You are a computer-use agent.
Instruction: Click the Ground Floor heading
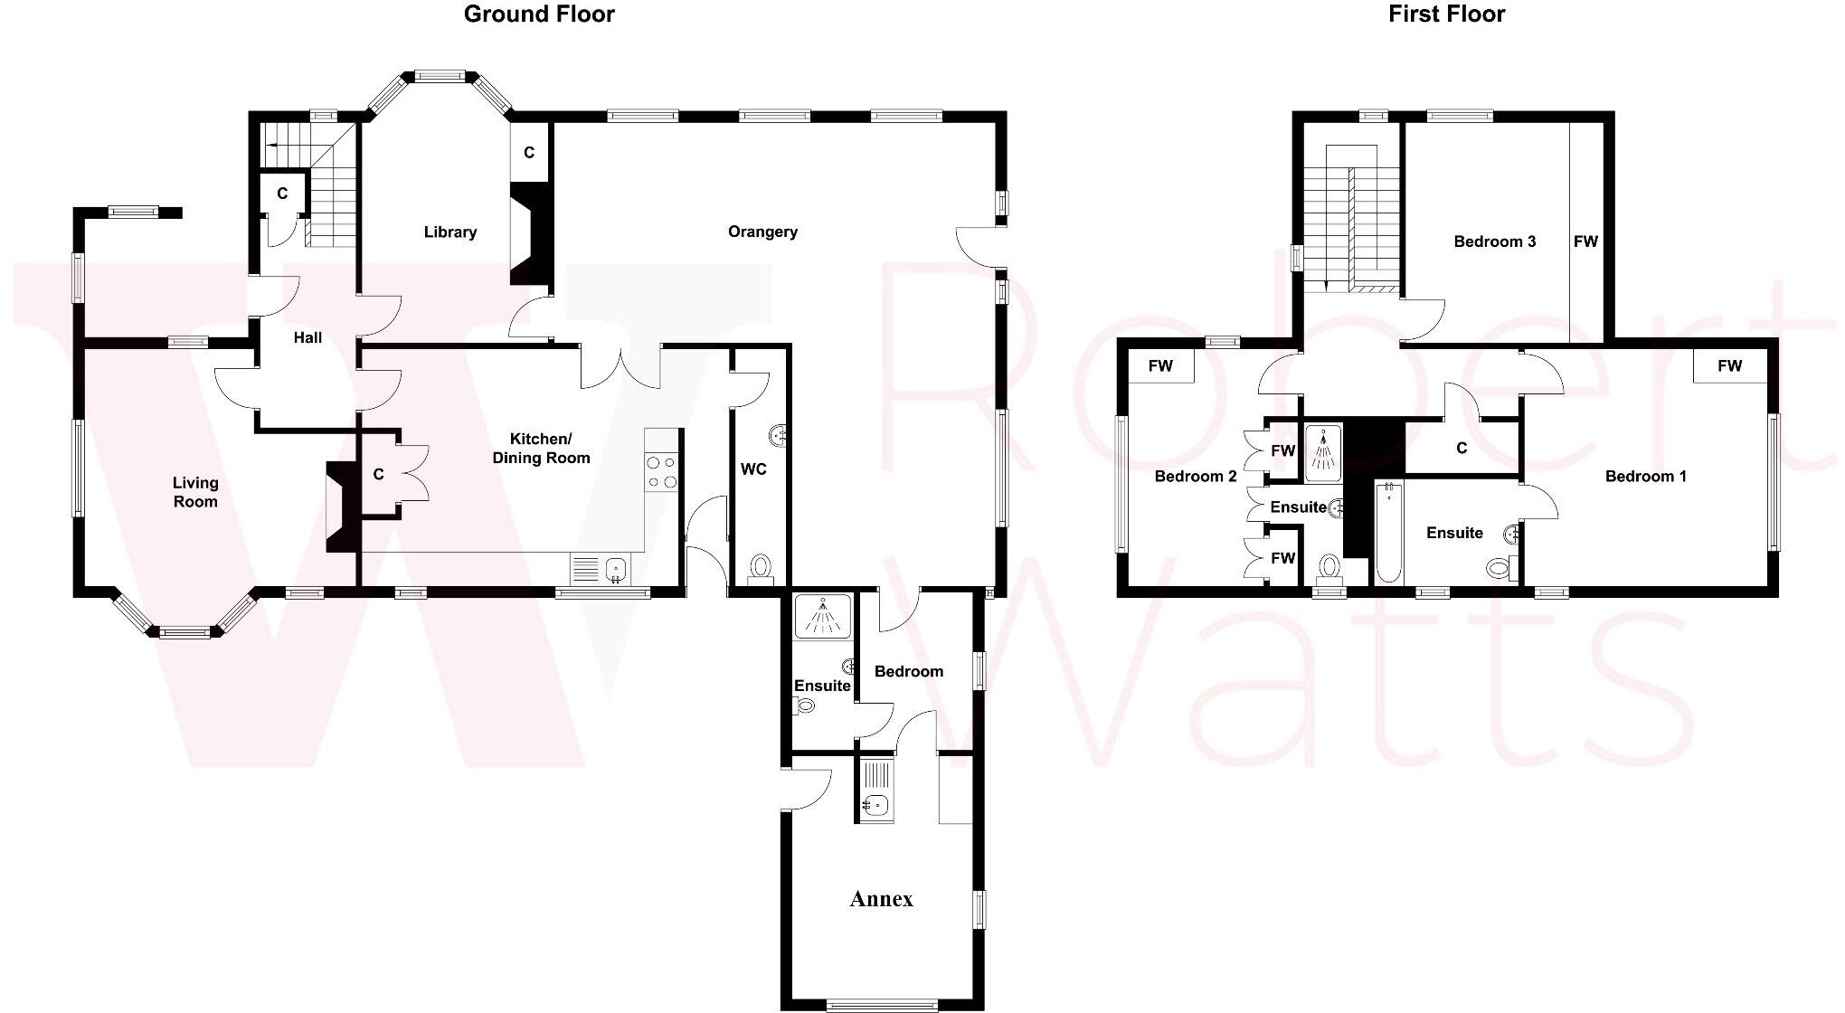point(539,14)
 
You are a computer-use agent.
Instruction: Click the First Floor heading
point(1446,14)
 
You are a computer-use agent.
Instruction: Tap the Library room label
point(449,232)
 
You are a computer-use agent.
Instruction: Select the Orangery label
point(762,232)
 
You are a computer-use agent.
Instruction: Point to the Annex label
point(881,899)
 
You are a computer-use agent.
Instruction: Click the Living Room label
point(195,493)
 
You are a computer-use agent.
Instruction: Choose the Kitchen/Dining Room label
point(541,449)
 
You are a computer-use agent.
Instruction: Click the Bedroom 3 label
point(1494,241)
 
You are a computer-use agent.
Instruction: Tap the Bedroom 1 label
point(1645,477)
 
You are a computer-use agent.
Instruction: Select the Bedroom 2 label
point(1195,477)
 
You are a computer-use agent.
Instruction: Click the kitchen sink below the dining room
point(601,570)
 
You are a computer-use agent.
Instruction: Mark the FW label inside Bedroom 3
point(1585,241)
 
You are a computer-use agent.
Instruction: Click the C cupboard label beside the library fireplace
point(529,153)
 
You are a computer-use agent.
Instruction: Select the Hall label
point(307,338)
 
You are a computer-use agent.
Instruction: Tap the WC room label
point(753,469)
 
